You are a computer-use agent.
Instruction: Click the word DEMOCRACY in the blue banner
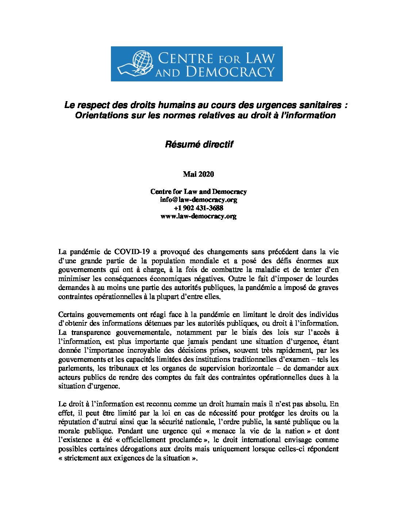click(230, 72)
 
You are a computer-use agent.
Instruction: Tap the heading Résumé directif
click(199, 144)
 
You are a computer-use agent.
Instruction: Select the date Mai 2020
click(198, 174)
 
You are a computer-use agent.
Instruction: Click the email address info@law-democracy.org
click(198, 200)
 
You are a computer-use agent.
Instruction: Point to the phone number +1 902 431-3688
click(198, 208)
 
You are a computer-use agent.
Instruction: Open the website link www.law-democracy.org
click(198, 216)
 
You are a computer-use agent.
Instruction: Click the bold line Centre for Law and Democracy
click(198, 191)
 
